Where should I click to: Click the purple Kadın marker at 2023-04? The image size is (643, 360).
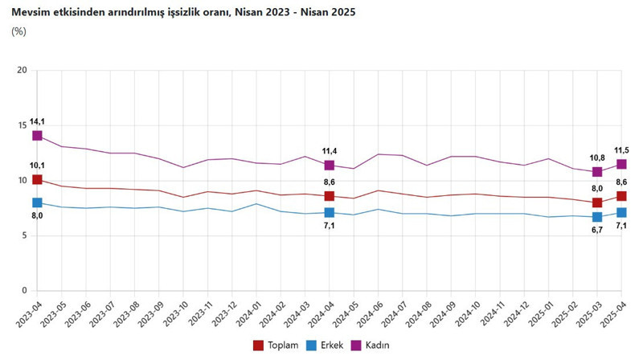(x=37, y=136)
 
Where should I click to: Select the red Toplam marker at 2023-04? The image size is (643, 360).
(x=37, y=180)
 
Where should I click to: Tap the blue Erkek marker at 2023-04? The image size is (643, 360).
(x=37, y=202)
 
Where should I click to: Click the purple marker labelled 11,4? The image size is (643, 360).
(x=330, y=166)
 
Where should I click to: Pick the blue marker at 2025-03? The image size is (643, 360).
(x=597, y=217)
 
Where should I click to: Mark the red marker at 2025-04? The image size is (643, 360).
(x=621, y=196)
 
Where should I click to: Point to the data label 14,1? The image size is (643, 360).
(x=37, y=121)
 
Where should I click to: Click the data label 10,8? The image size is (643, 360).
(x=596, y=157)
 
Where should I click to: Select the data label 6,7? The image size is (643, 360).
(x=597, y=231)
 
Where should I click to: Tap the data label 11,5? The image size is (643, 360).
(x=621, y=149)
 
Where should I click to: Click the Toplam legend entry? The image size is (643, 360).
(x=276, y=346)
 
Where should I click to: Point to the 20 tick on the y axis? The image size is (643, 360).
(x=22, y=71)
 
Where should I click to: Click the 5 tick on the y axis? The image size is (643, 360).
(x=24, y=235)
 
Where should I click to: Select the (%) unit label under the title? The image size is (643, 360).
(x=18, y=31)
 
